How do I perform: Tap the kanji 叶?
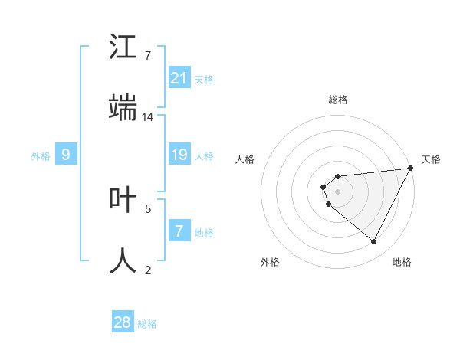[x=123, y=200]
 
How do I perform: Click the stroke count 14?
[x=148, y=117]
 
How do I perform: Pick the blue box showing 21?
[x=179, y=78]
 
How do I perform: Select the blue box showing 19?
[x=179, y=155]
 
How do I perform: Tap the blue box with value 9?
[x=66, y=155]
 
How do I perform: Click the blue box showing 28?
[x=123, y=323]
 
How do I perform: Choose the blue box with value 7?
[x=179, y=231]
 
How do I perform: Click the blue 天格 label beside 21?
[x=204, y=80]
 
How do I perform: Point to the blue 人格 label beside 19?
[x=204, y=156]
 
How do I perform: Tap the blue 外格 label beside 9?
[x=41, y=156]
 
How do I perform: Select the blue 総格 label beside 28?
[x=147, y=324]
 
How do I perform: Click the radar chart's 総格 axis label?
[x=338, y=100]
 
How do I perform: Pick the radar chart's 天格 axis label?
[x=431, y=159]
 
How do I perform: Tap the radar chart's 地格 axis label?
[x=402, y=262]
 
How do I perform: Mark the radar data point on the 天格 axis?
[x=410, y=169]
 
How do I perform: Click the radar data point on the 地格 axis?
[x=374, y=241]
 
